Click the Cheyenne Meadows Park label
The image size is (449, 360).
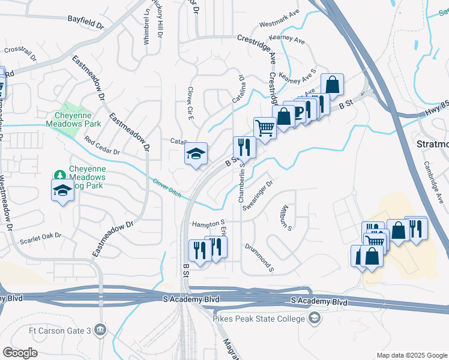click(73, 119)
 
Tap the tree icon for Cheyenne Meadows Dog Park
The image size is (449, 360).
click(59, 175)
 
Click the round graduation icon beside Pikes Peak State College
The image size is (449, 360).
click(313, 318)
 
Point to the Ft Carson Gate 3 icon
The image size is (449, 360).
click(100, 330)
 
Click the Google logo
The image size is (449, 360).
click(20, 353)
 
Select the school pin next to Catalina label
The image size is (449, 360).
click(196, 155)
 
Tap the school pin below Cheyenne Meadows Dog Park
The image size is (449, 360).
click(62, 191)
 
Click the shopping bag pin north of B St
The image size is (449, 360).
click(332, 85)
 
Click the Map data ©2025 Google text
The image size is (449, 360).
click(411, 355)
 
